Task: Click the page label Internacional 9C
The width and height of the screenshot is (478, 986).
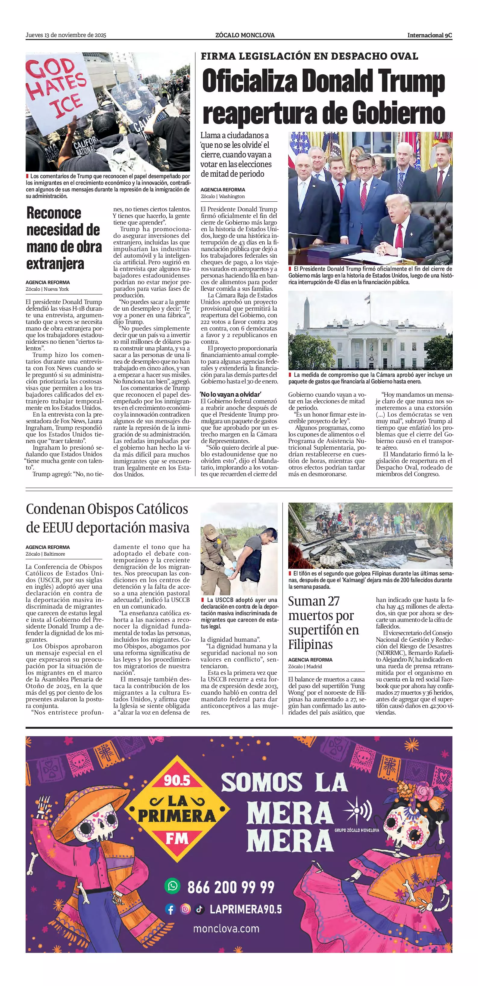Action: coord(430,35)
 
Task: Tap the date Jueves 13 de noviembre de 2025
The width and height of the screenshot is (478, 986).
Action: coord(66,35)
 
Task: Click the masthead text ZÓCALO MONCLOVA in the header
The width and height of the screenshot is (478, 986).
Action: coord(245,35)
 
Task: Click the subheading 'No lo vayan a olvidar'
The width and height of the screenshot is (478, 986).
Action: coord(230,394)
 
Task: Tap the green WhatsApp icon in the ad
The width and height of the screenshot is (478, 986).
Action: coord(172,886)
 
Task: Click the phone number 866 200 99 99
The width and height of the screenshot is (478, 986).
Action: coord(231,887)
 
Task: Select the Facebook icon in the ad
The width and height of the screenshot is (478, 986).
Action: coord(170,909)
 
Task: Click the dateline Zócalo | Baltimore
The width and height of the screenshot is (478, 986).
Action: coord(45,554)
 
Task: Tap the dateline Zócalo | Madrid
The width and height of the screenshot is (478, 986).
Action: coord(305,666)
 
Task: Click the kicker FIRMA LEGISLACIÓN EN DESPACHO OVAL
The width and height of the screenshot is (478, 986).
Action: coord(309,56)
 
